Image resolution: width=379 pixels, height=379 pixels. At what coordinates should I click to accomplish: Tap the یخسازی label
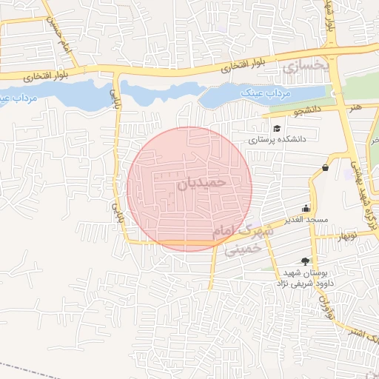pyautogui.click(x=304, y=66)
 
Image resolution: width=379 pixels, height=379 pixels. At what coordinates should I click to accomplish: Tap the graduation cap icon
pyautogui.click(x=277, y=129)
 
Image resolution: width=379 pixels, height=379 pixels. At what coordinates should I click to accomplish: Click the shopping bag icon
pyautogui.click(x=325, y=168)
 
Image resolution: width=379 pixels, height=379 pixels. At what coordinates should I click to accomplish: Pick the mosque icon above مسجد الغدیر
pyautogui.click(x=306, y=208)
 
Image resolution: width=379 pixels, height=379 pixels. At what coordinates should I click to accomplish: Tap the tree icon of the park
pyautogui.click(x=305, y=261)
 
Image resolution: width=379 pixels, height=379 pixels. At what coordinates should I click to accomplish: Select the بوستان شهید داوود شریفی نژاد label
pyautogui.click(x=305, y=278)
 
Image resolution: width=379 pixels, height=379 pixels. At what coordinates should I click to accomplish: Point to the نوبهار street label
pyautogui.click(x=347, y=237)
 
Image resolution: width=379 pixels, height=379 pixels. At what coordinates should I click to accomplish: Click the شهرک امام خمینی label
pyautogui.click(x=242, y=239)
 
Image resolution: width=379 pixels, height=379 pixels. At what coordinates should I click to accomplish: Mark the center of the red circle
pyautogui.click(x=189, y=189)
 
